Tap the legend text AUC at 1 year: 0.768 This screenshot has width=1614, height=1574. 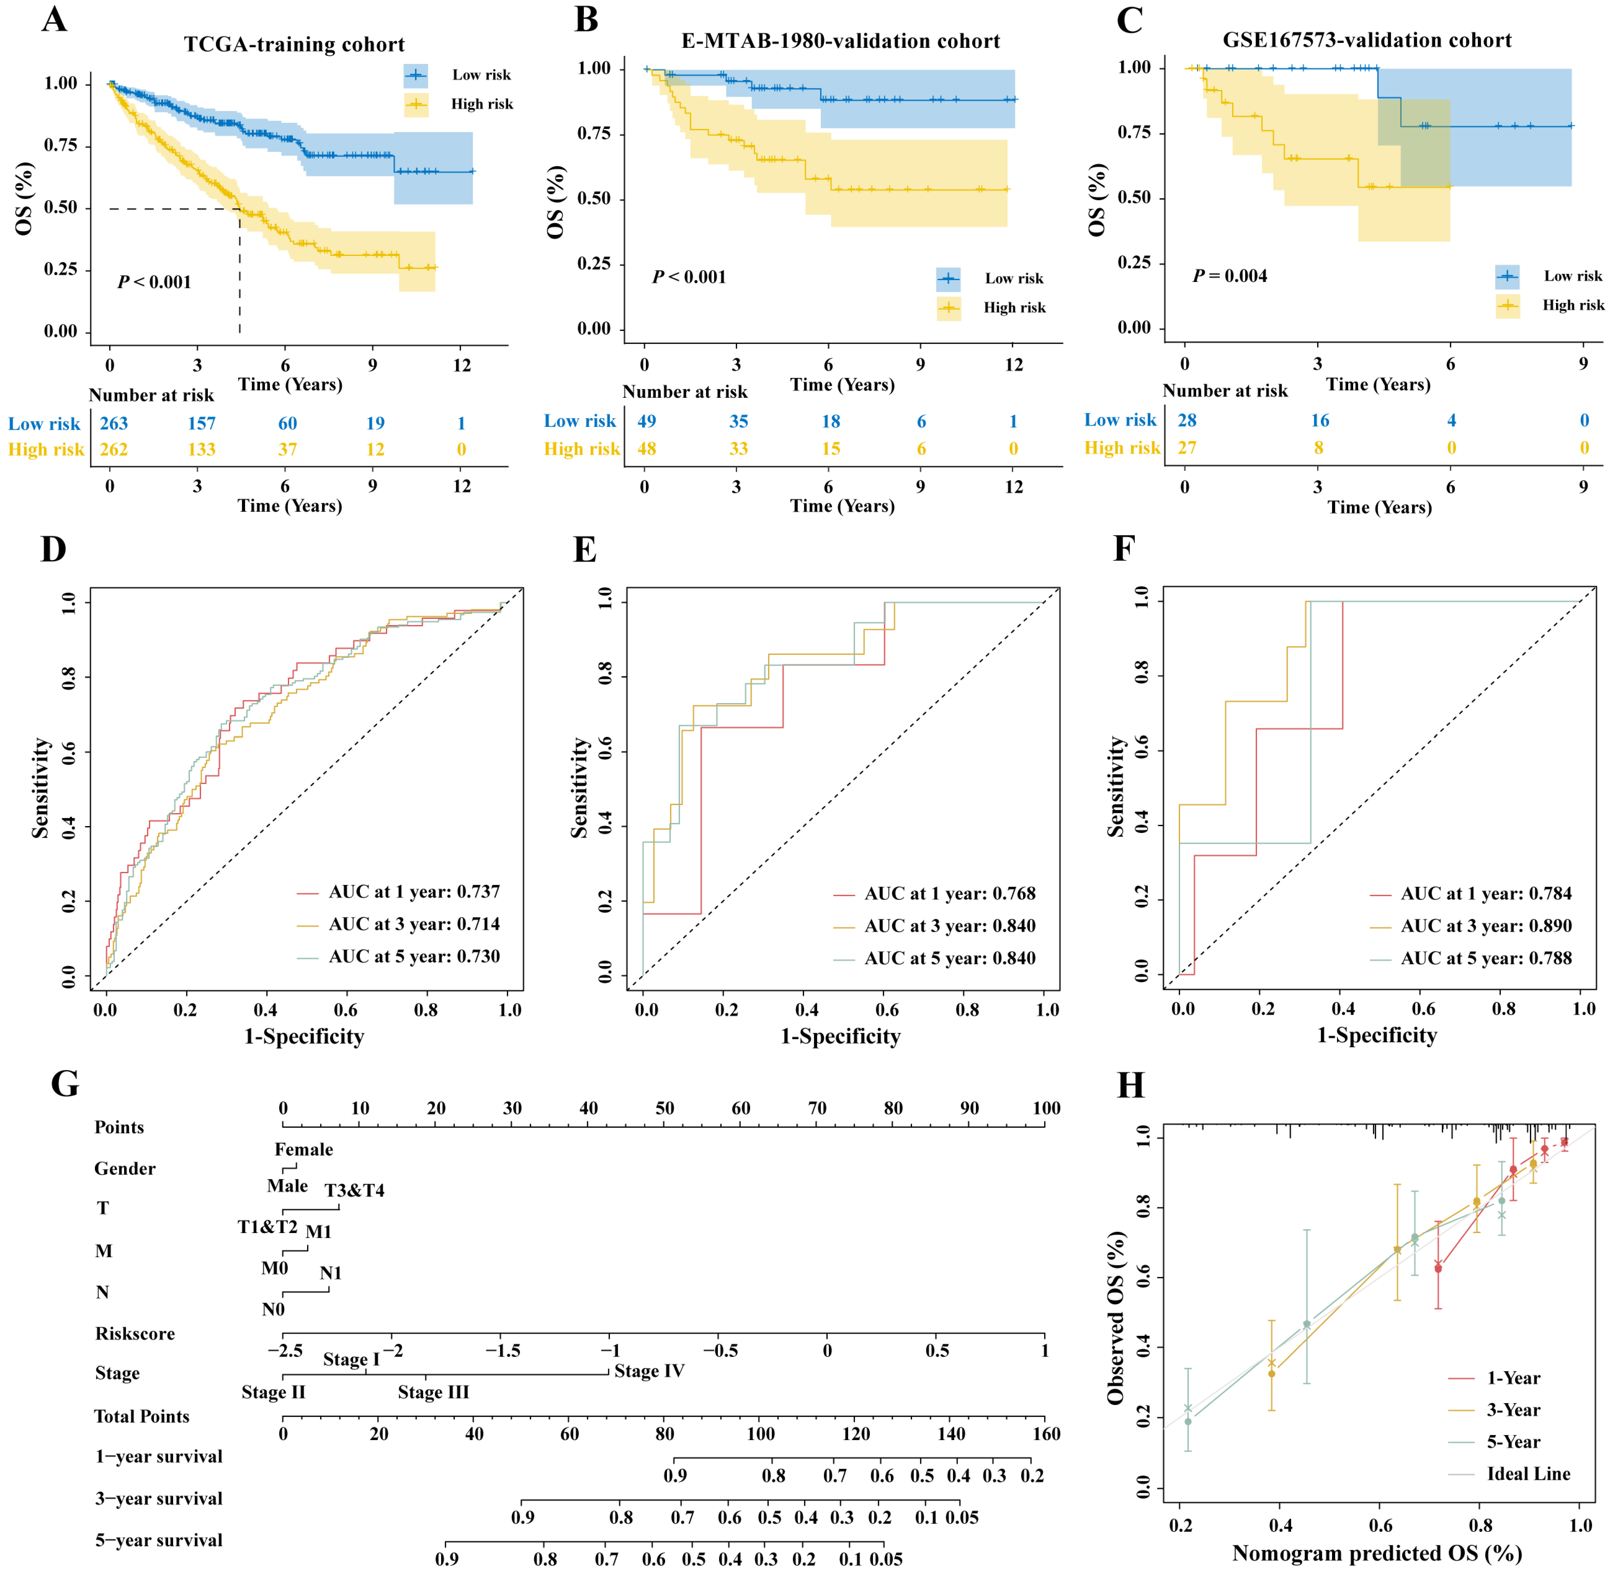[949, 894]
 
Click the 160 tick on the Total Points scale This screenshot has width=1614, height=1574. [1046, 1434]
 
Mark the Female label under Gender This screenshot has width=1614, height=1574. [303, 1150]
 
